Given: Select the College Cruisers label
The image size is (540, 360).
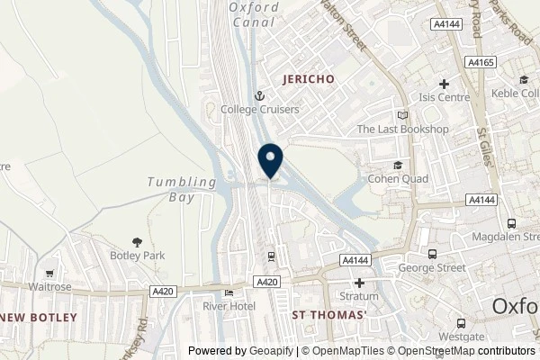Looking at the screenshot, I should (x=260, y=110).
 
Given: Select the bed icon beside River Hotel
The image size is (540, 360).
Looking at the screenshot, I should (x=229, y=292).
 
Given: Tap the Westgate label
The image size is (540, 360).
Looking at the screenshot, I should (x=461, y=336).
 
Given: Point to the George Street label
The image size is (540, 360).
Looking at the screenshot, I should (x=436, y=268).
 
